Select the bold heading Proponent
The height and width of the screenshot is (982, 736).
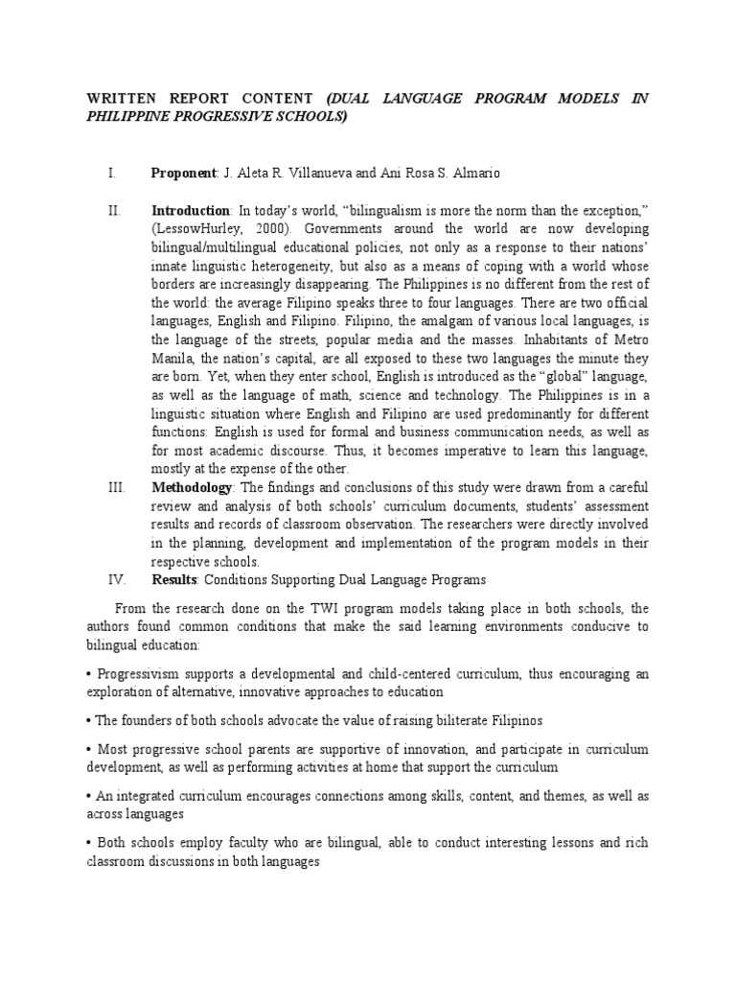185,174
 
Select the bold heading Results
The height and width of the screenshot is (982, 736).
174,579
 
